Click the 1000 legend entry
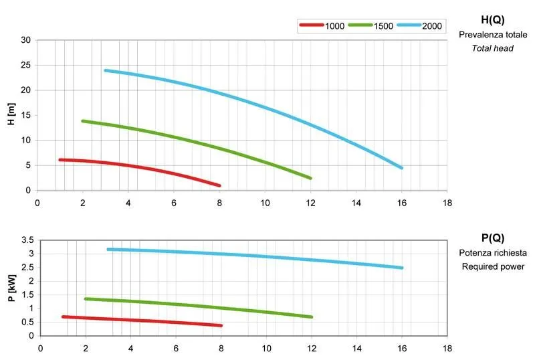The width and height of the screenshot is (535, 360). coord(321,25)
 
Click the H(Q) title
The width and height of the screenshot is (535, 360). coord(492,20)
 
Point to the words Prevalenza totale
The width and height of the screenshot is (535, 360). coord(493,34)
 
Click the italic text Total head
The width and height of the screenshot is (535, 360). coord(493,48)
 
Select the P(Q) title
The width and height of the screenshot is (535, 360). coord(492,238)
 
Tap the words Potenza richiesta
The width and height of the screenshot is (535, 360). coord(493,253)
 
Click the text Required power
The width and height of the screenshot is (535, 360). coord(493,267)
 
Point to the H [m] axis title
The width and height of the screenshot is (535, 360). coord(11,115)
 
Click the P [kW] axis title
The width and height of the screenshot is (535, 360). coord(11,288)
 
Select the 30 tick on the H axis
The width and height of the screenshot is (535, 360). coord(26,40)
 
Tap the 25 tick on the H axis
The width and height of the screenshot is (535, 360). coord(26,65)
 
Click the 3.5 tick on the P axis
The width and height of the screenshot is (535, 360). coord(27,240)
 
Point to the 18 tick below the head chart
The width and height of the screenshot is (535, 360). coord(447,203)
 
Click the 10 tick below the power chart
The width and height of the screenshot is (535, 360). coord(267,348)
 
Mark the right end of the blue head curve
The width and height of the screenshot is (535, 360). coord(401,168)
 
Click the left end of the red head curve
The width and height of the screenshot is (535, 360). coord(60,160)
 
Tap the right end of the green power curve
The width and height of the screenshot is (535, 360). coord(312,317)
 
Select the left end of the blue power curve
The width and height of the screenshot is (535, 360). coord(108,250)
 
